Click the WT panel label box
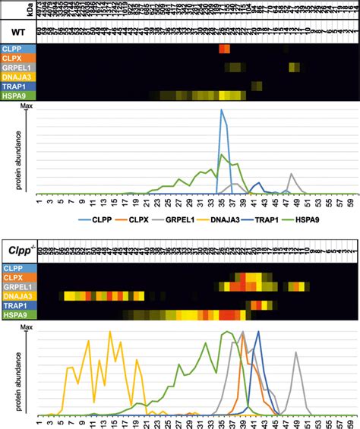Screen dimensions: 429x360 16,30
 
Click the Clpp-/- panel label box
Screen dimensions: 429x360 17,248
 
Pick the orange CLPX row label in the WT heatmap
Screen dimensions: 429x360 17,58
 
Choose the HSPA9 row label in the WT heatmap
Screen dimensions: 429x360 17,95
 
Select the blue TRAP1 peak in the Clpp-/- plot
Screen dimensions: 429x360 257,334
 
